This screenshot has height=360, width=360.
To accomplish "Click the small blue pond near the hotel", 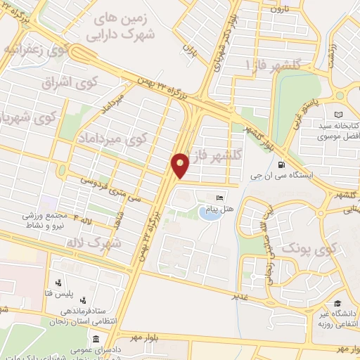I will (209, 213).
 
